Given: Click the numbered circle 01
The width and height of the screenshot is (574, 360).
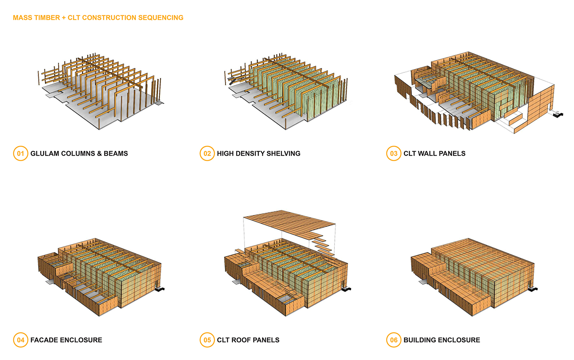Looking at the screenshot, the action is click(21, 153).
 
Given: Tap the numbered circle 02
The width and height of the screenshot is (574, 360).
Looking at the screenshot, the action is click(207, 153).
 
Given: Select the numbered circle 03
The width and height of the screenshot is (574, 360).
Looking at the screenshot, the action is click(394, 153).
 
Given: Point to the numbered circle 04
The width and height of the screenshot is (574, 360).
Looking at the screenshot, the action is click(21, 340).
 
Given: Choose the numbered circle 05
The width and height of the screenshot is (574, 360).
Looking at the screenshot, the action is click(207, 340).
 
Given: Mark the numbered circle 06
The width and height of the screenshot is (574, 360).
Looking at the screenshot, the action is click(394, 340).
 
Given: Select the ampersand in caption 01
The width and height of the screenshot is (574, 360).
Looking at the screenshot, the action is click(99, 153).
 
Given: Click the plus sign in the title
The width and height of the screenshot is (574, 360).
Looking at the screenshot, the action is click(64, 18).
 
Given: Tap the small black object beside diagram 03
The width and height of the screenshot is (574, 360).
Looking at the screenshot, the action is click(558, 114).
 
